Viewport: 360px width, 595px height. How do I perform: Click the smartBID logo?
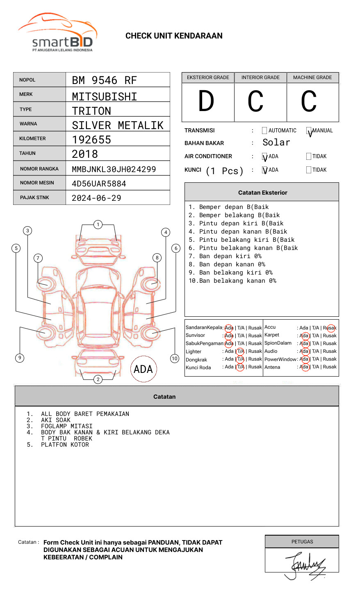(57, 33)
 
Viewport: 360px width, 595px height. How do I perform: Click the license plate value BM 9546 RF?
(104, 80)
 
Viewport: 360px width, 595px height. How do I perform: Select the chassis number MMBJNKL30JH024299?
(114, 169)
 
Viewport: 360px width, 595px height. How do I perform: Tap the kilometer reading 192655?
(91, 140)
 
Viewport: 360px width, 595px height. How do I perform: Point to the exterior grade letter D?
(206, 102)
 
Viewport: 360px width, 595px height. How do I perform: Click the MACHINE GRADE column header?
(312, 77)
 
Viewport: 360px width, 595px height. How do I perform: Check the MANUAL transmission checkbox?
(309, 131)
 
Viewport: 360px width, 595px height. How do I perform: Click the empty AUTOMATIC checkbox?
(264, 131)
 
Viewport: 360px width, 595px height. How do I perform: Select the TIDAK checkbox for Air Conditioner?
(309, 157)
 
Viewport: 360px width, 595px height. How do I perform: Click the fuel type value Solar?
(276, 143)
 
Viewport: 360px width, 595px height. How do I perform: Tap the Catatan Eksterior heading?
(262, 193)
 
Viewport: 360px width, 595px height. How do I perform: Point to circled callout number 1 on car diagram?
(98, 225)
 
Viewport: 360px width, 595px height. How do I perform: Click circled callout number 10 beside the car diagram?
(175, 359)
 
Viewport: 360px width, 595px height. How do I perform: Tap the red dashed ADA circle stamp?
(143, 369)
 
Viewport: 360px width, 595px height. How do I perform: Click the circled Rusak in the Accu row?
(330, 328)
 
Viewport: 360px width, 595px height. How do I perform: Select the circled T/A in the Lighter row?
(240, 351)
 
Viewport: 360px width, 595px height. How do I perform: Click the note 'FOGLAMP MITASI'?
(66, 426)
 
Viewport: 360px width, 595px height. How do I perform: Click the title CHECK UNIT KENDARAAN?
(174, 36)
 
